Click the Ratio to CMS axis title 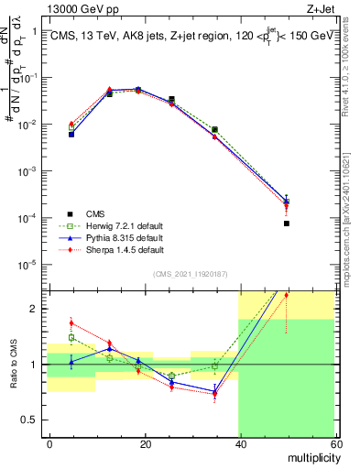(13, 365)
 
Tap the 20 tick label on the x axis (146, 442)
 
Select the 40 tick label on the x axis (240, 442)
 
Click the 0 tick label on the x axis (50, 442)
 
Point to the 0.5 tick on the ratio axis (33, 420)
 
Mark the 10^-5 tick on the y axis (29, 265)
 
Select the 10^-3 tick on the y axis (29, 171)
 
